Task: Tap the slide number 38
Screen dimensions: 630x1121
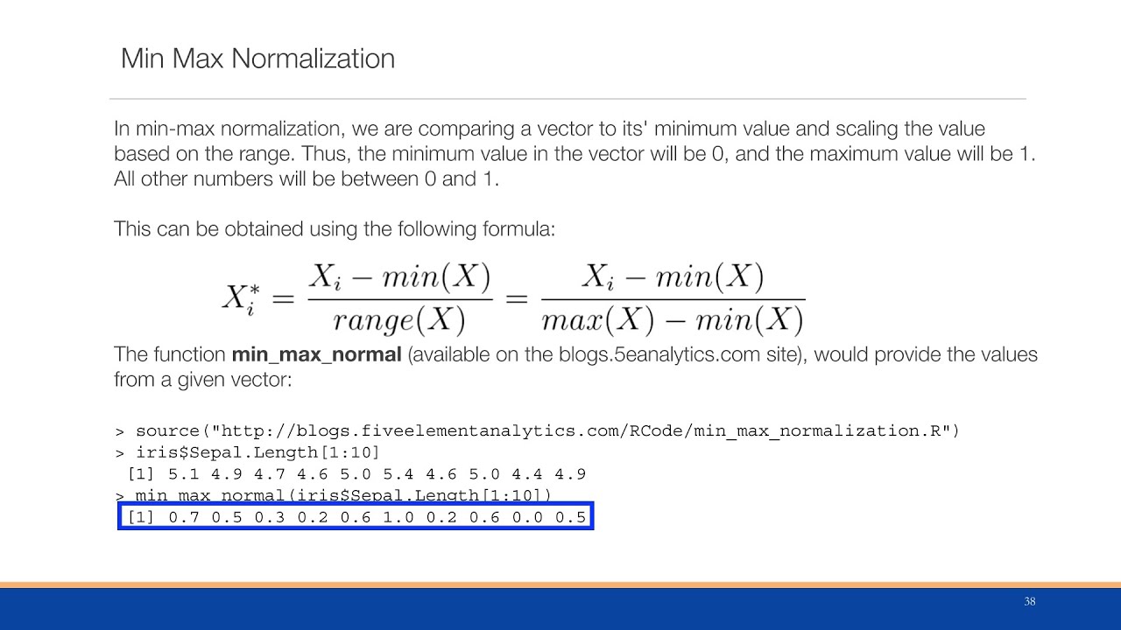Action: [1029, 602]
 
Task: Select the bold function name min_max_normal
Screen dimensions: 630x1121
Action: [316, 355]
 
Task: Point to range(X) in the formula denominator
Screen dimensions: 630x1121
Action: [398, 321]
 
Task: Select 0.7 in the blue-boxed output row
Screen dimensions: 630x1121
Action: [183, 517]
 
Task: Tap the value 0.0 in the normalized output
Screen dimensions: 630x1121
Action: [527, 517]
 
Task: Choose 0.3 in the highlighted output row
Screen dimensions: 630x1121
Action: [269, 517]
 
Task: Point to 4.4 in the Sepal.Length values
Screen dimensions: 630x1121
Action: [527, 474]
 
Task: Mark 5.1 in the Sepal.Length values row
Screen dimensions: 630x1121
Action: [183, 474]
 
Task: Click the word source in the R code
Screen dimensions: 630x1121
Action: [168, 431]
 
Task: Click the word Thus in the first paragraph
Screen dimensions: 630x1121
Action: [321, 155]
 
